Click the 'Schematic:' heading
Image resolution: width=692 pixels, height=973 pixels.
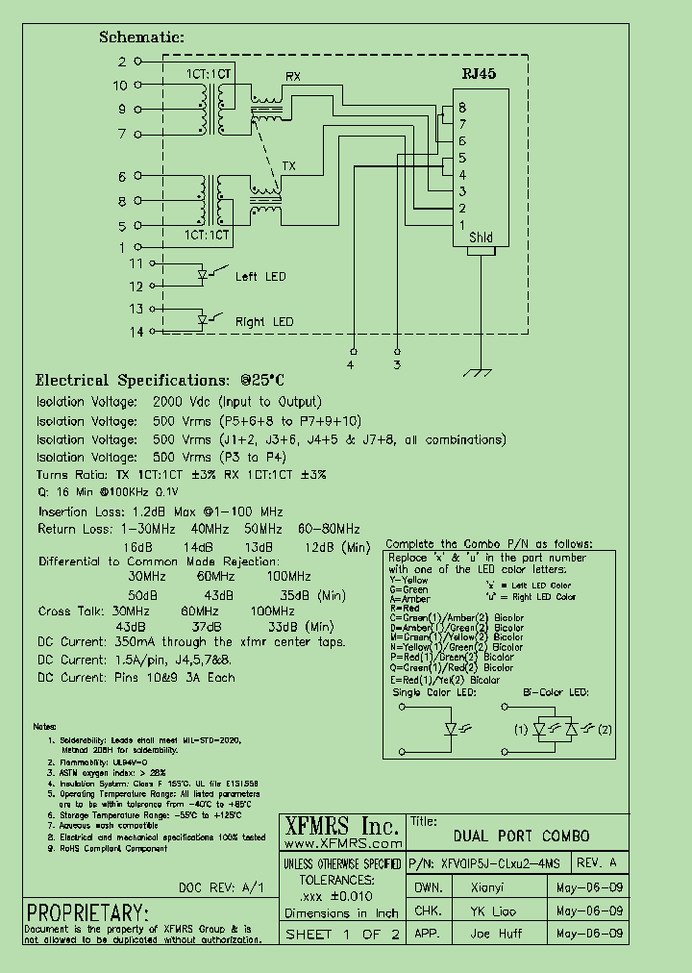[x=141, y=37]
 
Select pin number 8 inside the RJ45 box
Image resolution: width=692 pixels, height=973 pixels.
[x=462, y=108]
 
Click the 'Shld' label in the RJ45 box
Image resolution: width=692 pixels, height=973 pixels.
[x=481, y=237]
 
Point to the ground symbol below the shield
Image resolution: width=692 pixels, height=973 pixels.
[x=473, y=371]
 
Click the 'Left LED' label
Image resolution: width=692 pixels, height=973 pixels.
[x=260, y=277]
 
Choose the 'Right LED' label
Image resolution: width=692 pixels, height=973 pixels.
[x=264, y=322]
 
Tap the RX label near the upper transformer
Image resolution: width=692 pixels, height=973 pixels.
[x=293, y=76]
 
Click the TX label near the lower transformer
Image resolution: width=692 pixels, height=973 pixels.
[x=289, y=166]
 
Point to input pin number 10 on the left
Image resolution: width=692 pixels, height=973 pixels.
[x=120, y=86]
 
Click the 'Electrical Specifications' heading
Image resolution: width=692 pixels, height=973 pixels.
[x=133, y=381]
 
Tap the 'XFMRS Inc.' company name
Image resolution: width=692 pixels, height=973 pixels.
[x=341, y=826]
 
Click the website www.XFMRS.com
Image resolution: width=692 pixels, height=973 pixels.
[x=341, y=843]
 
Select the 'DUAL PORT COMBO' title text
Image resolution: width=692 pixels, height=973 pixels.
[x=521, y=836]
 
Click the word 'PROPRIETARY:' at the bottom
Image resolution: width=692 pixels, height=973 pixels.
[x=87, y=912]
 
